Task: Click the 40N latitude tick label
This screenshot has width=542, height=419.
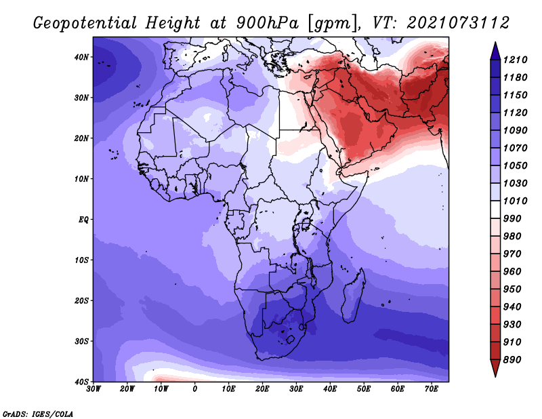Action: coord(81,57)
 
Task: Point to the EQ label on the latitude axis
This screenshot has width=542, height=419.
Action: coord(83,220)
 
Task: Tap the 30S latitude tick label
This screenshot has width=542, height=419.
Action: coord(81,342)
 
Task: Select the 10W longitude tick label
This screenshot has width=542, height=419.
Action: coord(161,389)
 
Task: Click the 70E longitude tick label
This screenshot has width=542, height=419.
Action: coord(432,389)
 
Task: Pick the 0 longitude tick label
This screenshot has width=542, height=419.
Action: coord(195,389)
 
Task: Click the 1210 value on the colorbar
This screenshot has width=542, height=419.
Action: coord(515,60)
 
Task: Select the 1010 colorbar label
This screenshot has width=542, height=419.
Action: coord(515,201)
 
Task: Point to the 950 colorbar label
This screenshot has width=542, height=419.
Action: coord(512,290)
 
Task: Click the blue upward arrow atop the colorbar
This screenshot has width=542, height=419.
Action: coord(495,51)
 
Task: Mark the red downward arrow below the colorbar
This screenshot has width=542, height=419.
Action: coord(495,368)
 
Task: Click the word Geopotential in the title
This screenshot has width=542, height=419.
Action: coord(85,23)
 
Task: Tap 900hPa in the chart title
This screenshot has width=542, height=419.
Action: coord(268,23)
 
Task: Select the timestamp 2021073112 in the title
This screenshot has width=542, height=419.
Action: coord(458,22)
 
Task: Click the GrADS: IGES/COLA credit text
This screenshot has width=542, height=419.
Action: coord(38,414)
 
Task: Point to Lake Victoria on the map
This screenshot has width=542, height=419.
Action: coord(306,224)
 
